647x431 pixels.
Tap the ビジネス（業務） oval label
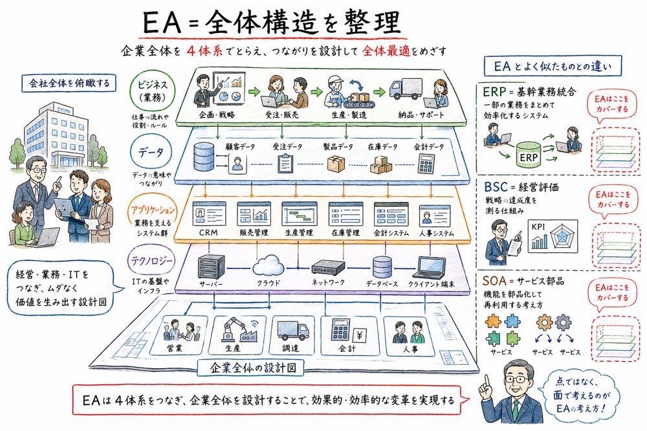point(153,91)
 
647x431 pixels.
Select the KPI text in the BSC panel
point(538,227)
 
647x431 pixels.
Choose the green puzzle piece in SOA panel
point(492,337)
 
